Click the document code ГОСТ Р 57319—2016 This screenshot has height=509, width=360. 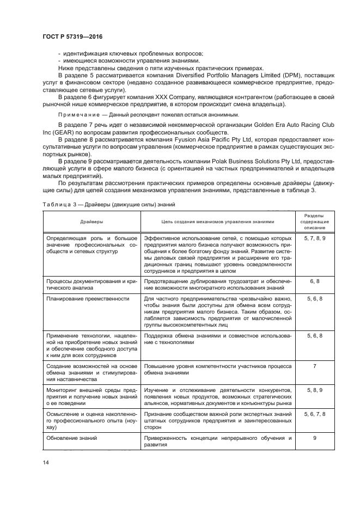[x=71, y=36]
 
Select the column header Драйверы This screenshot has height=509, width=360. [x=91, y=222]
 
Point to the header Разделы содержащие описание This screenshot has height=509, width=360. [x=315, y=222]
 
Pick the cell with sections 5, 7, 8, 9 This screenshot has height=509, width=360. [x=315, y=238]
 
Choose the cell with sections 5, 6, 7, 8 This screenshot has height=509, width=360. [x=315, y=414]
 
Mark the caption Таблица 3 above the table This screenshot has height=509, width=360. [x=57, y=204]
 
